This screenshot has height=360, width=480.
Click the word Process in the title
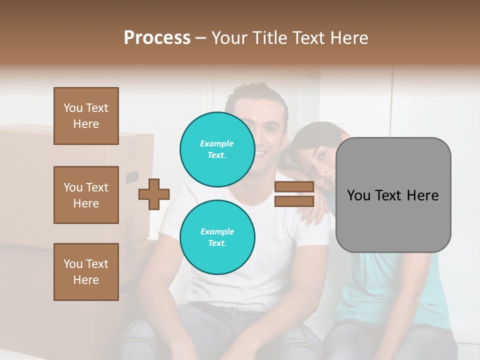[x=157, y=38]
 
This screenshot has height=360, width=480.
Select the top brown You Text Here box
[x=86, y=116]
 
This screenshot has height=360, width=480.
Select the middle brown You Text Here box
[x=86, y=195]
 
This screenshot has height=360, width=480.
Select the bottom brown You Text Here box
[x=86, y=272]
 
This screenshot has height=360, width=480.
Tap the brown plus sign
[x=154, y=194]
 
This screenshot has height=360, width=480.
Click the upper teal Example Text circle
[x=217, y=149]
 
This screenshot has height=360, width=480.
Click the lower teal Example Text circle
[x=217, y=237]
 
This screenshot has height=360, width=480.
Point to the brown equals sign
[x=294, y=194]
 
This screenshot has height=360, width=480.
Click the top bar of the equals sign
[x=294, y=186]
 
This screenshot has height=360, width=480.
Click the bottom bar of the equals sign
[x=294, y=201]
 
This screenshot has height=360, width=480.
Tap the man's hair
[x=255, y=94]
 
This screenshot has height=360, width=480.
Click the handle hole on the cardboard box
[x=132, y=177]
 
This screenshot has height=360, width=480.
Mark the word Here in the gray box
[x=422, y=195]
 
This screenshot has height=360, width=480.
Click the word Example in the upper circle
[x=217, y=143]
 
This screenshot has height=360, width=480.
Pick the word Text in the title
[x=310, y=38]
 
